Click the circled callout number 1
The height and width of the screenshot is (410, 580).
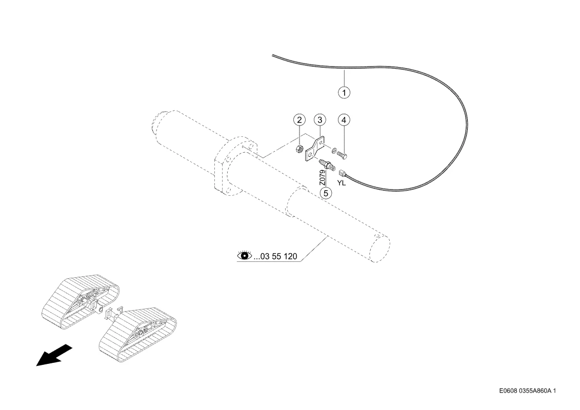pos(344,92)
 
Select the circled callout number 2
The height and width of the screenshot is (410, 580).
pos(299,120)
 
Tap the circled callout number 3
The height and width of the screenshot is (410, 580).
pos(320,120)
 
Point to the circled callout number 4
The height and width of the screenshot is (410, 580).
pos(344,120)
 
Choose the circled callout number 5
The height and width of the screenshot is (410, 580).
pos(326,193)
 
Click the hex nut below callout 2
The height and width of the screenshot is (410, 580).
pos(299,149)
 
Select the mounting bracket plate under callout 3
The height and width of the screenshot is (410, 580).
pos(315,149)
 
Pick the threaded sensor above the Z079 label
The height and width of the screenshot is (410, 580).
pos(326,165)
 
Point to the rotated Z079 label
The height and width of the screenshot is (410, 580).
pos(323,177)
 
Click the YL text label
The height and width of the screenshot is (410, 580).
pos(342,183)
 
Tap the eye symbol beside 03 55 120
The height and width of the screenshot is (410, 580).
pos(244,255)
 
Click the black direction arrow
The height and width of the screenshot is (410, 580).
pos(54,355)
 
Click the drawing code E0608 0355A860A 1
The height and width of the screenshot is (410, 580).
pos(528,391)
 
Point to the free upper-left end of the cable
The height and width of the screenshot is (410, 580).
pos(273,55)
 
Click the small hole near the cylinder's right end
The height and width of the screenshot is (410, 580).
pos(376,235)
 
